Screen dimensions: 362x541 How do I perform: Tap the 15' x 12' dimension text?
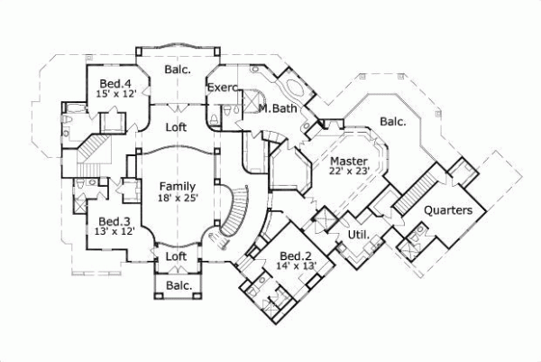116,93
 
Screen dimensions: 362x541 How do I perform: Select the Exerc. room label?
222,88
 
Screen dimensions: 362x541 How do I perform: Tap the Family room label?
178,186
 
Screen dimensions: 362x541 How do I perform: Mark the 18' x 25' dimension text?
178,197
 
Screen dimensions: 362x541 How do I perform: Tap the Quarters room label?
448,211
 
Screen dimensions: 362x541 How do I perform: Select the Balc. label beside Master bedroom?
391,120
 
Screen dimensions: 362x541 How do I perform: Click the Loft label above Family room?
177,127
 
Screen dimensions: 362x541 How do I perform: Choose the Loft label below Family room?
177,256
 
